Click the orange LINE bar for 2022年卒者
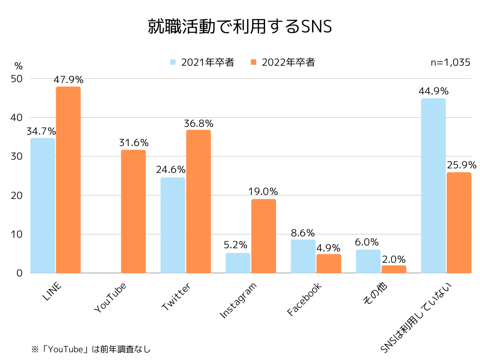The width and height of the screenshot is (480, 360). pos(68,180)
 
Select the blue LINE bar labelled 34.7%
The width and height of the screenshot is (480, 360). pos(42,205)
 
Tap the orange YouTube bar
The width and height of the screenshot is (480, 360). pos(133,211)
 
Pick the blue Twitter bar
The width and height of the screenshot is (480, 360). pos(173,225)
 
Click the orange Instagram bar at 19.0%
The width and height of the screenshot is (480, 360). pos(263,236)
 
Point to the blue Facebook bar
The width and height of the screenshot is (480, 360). pos(303,256)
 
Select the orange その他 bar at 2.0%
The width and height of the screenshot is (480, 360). pos(394,269)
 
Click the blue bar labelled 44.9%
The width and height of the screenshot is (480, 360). pos(433,185)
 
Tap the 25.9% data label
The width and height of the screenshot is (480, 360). pos(462,165)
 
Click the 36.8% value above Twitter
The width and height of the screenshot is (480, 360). pos(198,123)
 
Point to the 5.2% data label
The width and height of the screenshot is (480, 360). pos(238,245)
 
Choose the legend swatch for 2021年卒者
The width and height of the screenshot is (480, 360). pos(173,63)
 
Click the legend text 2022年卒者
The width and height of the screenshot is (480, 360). pos(288,63)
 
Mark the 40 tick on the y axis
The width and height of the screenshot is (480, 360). pos(16,117)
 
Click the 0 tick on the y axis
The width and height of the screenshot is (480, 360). pos(20,273)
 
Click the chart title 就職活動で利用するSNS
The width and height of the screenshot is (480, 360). pos(240,26)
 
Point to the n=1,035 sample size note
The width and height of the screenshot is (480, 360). pos(450,63)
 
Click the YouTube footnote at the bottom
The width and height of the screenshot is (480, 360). pos(90,350)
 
